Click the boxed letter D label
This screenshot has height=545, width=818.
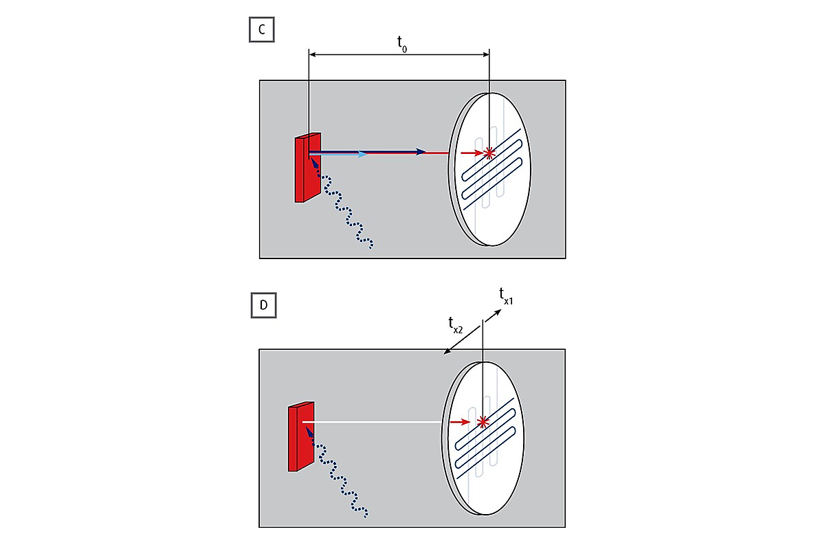263,305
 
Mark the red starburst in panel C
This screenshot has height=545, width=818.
489,153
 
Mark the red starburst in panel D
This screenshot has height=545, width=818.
484,421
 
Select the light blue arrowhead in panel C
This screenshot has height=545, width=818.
364,154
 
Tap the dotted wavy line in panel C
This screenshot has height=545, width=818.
344,206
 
